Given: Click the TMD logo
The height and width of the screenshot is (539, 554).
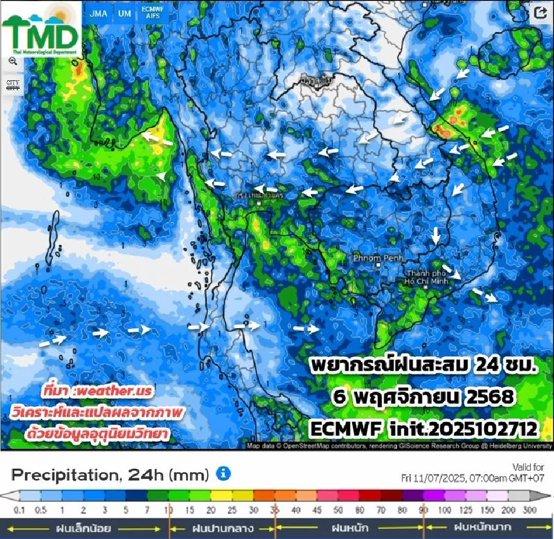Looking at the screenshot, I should click(40, 29).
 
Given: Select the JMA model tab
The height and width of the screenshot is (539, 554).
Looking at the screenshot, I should click(99, 14).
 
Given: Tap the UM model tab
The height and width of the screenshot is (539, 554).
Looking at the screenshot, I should click(124, 14).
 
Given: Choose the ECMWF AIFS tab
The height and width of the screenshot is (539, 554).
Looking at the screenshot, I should click(152, 14).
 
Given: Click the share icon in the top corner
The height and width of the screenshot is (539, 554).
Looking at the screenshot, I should click(541, 13).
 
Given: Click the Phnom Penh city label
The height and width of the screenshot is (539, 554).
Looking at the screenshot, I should click(378, 257).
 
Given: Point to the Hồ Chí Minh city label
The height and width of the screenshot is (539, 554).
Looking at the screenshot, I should click(434, 277).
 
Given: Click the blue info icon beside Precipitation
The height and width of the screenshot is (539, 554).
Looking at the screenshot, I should click(223, 474).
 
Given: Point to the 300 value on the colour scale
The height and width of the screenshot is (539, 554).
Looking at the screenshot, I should click(529, 511).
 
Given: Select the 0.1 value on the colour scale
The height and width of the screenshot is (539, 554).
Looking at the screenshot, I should click(20, 511).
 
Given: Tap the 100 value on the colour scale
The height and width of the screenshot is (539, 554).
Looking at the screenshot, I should click(445, 511).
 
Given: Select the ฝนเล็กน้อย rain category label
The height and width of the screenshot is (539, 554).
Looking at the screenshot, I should click(84, 527).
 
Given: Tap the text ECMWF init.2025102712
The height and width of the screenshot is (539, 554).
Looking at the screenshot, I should click(424, 429).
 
